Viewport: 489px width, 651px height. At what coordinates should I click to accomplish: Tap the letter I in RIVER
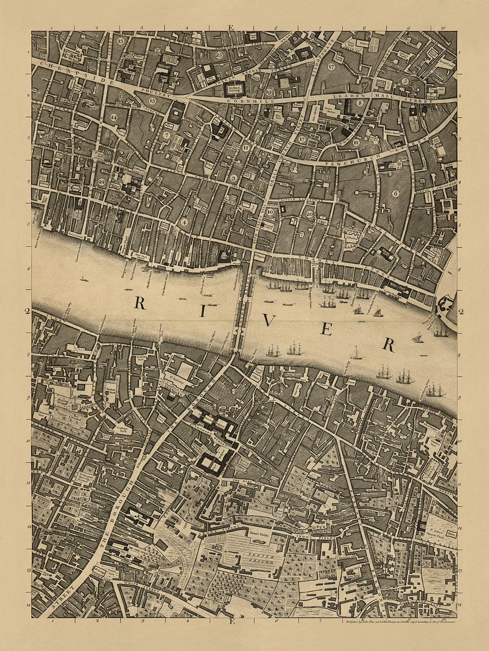pos(202,311)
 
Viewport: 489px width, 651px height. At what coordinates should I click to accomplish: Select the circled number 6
pos(396,193)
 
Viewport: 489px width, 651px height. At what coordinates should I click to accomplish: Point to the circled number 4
pos(185,222)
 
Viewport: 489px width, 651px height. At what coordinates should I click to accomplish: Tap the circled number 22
pos(102,181)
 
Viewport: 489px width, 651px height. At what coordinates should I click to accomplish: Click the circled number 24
pos(113,117)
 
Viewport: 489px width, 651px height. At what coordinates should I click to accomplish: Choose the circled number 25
pos(220,55)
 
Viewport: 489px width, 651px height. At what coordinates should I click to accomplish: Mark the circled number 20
pos(309,214)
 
